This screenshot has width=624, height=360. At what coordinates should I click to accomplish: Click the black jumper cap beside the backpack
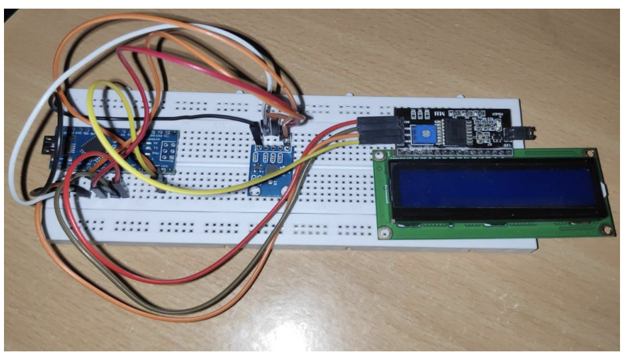[512, 135]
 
